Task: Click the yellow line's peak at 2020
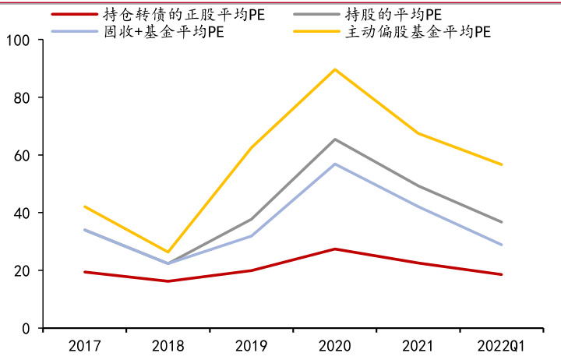pos(335,69)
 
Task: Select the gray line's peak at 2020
pos(335,139)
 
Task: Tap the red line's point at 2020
pos(335,249)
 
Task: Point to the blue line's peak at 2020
pos(335,164)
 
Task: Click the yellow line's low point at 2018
pos(168,252)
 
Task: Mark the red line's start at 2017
pos(84,272)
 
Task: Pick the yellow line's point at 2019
pos(252,148)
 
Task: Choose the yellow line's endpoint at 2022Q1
pos(502,164)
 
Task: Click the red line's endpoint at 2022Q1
pos(502,274)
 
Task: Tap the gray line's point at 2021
pos(418,185)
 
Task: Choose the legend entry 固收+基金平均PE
pos(156,33)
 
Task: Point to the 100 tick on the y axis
pos(26,41)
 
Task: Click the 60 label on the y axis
pos(30,156)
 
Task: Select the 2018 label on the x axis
pos(168,345)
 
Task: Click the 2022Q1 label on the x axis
pos(502,345)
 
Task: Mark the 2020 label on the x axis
pos(335,345)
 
